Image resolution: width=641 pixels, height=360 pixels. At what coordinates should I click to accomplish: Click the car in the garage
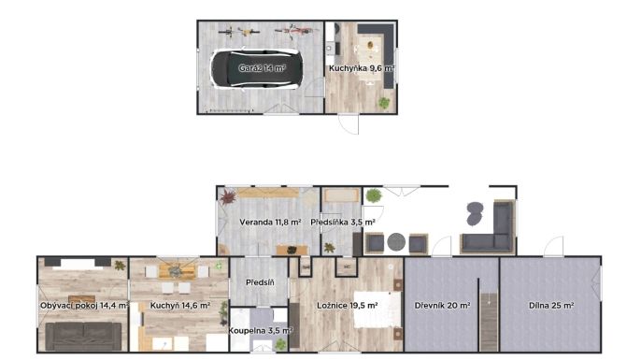tap(257, 69)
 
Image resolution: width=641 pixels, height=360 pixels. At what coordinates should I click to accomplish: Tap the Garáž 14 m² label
tap(262, 68)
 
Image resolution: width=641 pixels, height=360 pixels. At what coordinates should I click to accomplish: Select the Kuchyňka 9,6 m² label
tap(362, 68)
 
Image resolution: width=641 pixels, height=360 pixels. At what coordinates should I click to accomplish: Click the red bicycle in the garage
tap(297, 31)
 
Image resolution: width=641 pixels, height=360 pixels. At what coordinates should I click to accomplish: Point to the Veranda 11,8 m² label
tap(270, 223)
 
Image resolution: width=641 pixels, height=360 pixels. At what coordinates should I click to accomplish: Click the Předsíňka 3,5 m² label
tap(343, 223)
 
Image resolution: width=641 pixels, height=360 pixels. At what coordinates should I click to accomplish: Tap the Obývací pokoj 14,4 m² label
tap(85, 305)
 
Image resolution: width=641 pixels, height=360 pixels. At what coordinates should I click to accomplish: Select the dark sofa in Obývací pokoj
tap(83, 337)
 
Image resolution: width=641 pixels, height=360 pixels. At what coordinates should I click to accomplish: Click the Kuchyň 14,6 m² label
tap(180, 305)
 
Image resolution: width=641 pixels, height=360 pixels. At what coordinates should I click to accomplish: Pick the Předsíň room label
tap(260, 282)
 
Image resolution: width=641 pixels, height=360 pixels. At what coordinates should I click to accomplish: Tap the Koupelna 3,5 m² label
tap(261, 331)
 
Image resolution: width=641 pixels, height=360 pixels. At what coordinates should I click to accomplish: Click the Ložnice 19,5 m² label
tap(347, 305)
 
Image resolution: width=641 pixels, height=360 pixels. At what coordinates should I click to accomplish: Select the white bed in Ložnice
tap(377, 310)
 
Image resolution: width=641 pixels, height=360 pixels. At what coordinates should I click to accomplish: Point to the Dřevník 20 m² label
tap(442, 305)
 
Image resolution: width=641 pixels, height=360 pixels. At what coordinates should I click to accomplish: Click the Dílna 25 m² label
tap(551, 305)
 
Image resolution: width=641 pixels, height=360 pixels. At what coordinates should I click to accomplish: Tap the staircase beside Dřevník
tap(489, 321)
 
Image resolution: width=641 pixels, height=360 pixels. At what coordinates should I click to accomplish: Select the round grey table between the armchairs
tap(396, 242)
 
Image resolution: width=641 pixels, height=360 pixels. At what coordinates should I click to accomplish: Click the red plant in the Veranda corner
tap(227, 197)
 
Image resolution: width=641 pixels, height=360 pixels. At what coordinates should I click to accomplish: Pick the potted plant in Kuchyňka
tap(384, 103)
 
